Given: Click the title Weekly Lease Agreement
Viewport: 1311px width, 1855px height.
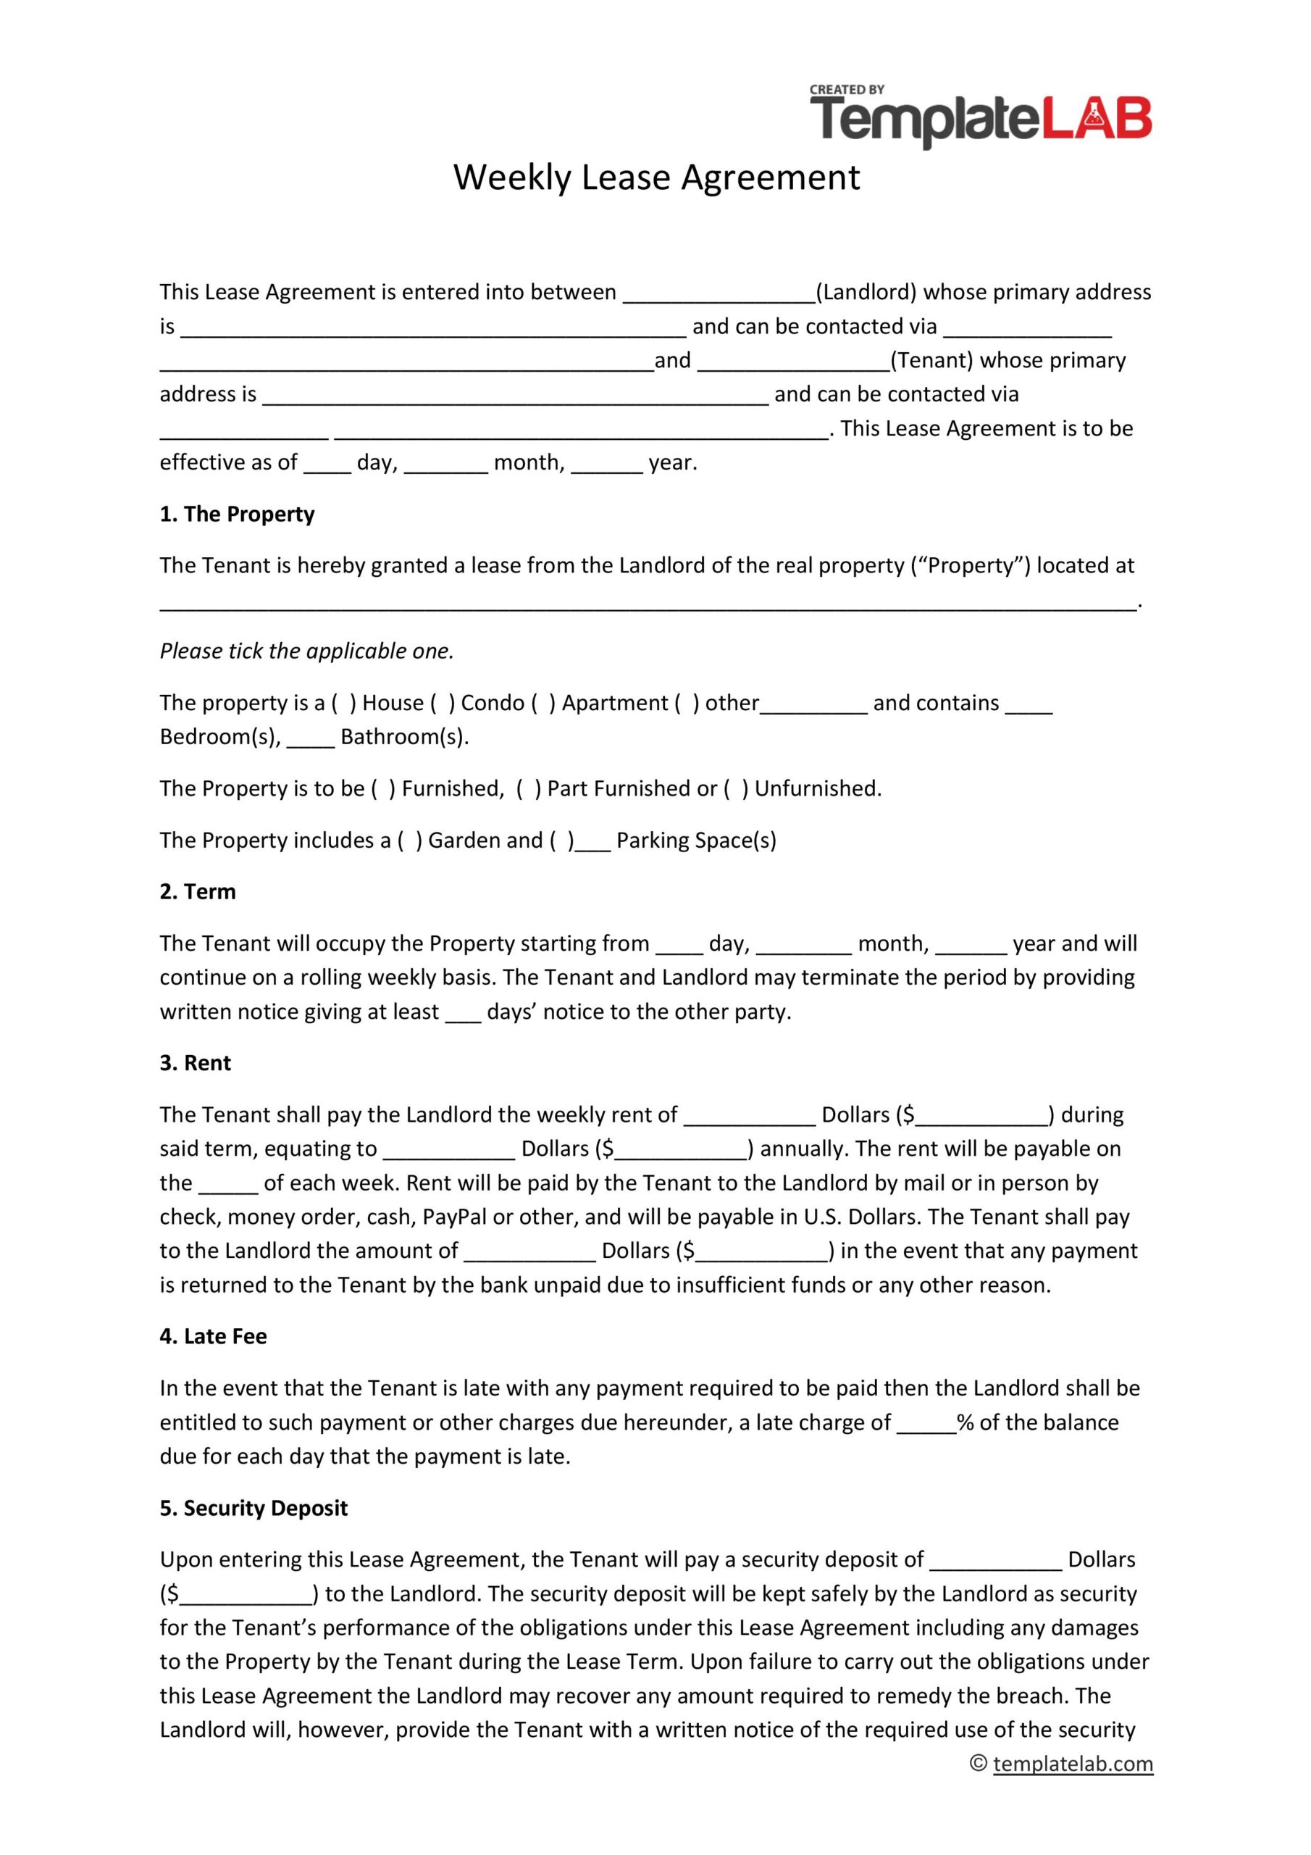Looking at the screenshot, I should click(x=656, y=177).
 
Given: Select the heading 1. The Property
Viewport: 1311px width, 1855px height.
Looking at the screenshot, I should click(x=237, y=514).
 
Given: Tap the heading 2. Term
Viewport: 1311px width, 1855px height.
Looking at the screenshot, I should click(x=197, y=891).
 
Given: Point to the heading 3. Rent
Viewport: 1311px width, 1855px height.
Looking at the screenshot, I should click(x=195, y=1062).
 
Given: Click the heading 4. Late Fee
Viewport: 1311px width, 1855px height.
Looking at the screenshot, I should click(x=212, y=1336).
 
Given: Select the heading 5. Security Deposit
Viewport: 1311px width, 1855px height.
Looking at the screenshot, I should click(x=253, y=1508).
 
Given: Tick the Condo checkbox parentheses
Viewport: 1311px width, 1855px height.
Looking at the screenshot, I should click(x=443, y=703).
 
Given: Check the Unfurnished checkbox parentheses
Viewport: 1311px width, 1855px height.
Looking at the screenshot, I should click(x=736, y=788).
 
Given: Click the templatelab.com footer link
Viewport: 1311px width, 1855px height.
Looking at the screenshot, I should click(x=1073, y=1763).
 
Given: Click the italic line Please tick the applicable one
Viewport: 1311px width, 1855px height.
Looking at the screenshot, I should click(x=306, y=651).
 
